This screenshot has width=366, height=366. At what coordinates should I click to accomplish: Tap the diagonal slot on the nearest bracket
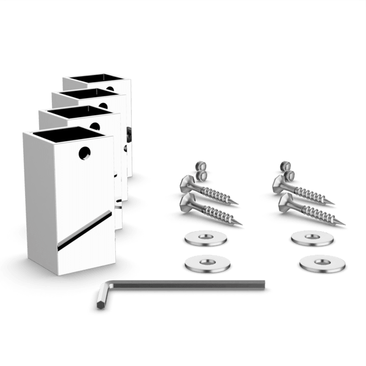pyautogui.click(x=85, y=229)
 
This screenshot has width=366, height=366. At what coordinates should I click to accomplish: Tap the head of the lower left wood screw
pyautogui.click(x=188, y=201)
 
